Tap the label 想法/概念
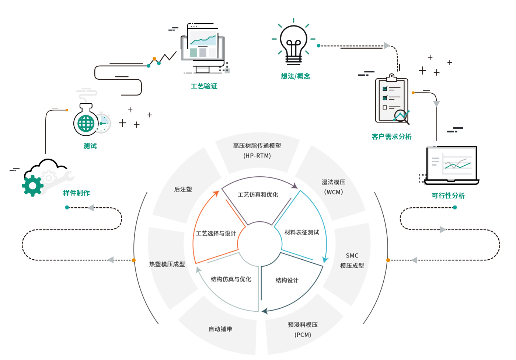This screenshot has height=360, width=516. click(295, 76)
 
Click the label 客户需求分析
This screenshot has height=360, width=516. click(391, 137)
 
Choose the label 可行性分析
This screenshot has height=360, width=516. click(448, 196)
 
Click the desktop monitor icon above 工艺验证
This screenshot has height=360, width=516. click(202, 48)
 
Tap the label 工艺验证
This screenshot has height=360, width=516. click(204, 86)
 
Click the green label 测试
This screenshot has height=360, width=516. click(90, 146)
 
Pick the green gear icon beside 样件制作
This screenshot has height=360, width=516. click(32, 186)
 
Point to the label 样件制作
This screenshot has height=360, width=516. click(76, 193)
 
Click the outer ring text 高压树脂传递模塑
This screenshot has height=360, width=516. click(257, 146)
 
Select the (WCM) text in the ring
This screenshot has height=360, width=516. click(334, 192)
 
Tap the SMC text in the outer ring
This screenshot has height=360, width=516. click(352, 256)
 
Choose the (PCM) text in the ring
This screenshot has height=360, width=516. click(303, 335)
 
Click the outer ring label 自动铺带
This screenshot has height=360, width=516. click(220, 329)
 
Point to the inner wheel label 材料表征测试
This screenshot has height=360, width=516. click(301, 232)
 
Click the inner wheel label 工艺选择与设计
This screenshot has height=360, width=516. click(216, 233)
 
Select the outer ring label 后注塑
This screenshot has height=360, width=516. click(183, 190)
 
